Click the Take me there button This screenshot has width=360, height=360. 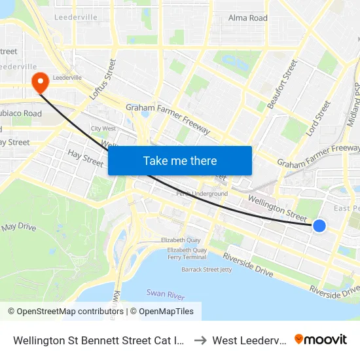(180, 160)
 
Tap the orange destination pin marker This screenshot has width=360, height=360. (41, 83)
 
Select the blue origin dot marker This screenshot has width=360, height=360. (319, 226)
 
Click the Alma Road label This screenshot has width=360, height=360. (247, 18)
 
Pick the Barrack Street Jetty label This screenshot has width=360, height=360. (206, 269)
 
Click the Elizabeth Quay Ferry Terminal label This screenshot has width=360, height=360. (187, 254)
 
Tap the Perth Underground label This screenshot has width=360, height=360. (202, 194)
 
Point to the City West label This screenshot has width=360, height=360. (103, 129)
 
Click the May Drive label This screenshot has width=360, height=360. (18, 227)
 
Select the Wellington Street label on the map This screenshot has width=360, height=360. (277, 206)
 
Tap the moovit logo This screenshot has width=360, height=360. (321, 339)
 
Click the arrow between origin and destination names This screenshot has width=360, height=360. (200, 340)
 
